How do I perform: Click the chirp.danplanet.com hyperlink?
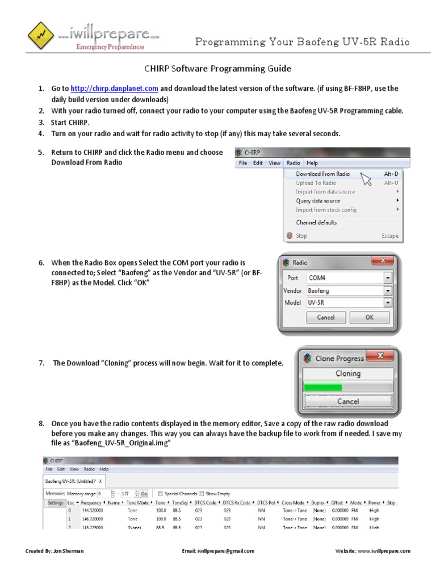pyautogui.click(x=114, y=89)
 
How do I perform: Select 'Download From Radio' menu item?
pyautogui.click(x=322, y=174)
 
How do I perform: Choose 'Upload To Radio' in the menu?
pyautogui.click(x=316, y=183)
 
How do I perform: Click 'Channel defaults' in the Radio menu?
pyautogui.click(x=316, y=222)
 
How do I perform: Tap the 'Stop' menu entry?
pyautogui.click(x=301, y=235)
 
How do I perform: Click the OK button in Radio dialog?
pyautogui.click(x=369, y=317)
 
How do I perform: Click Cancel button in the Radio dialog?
pyautogui.click(x=325, y=317)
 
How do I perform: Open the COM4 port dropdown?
pyautogui.click(x=388, y=278)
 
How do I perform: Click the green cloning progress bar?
pyautogui.click(x=324, y=387)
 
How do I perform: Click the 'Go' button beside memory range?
pyautogui.click(x=144, y=494)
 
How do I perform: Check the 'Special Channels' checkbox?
pyautogui.click(x=161, y=494)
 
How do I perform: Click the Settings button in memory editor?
pyautogui.click(x=55, y=503)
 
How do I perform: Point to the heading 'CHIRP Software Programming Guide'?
pyautogui.click(x=215, y=69)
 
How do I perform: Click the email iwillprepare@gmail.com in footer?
pyautogui.click(x=217, y=551)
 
